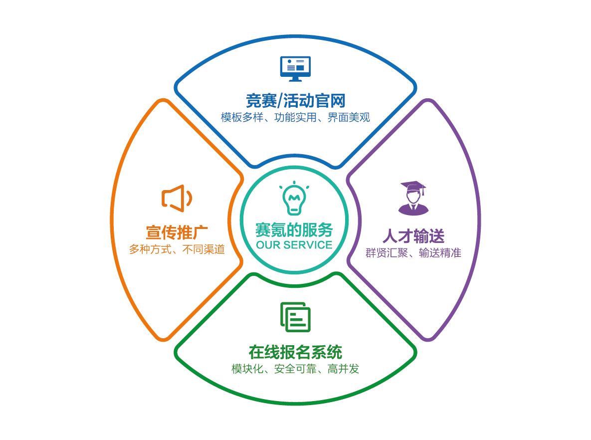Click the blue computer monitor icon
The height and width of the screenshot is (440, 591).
coord(295,67)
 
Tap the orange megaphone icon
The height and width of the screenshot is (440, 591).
coord(176,198)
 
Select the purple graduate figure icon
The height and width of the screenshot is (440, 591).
coord(413,198)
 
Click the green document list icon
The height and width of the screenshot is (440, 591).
coord(295,316)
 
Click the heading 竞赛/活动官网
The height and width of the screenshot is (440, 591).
coord(295,101)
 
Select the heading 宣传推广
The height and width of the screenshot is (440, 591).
coord(177,232)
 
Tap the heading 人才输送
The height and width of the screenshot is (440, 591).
coord(413,235)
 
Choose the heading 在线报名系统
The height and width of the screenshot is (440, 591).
coord(295,352)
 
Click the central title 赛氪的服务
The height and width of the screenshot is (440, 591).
coord(294,229)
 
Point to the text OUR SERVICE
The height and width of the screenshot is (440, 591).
coord(294,245)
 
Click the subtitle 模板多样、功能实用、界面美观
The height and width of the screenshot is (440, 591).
coord(295,118)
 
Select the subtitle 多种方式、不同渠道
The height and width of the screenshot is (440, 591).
coord(177,249)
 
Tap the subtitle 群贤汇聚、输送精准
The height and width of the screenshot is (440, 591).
coord(413,252)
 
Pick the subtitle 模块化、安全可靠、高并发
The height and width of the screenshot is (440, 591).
coord(295,369)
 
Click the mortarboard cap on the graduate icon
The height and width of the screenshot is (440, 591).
coord(413,187)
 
